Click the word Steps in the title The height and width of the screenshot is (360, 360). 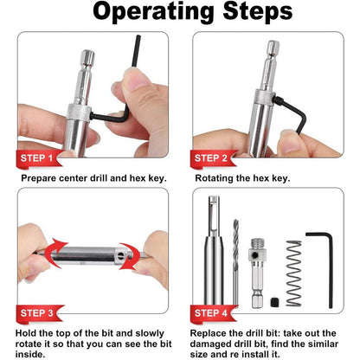pyautogui.click(x=251, y=14)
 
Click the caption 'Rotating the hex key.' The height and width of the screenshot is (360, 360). pyautogui.click(x=242, y=178)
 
